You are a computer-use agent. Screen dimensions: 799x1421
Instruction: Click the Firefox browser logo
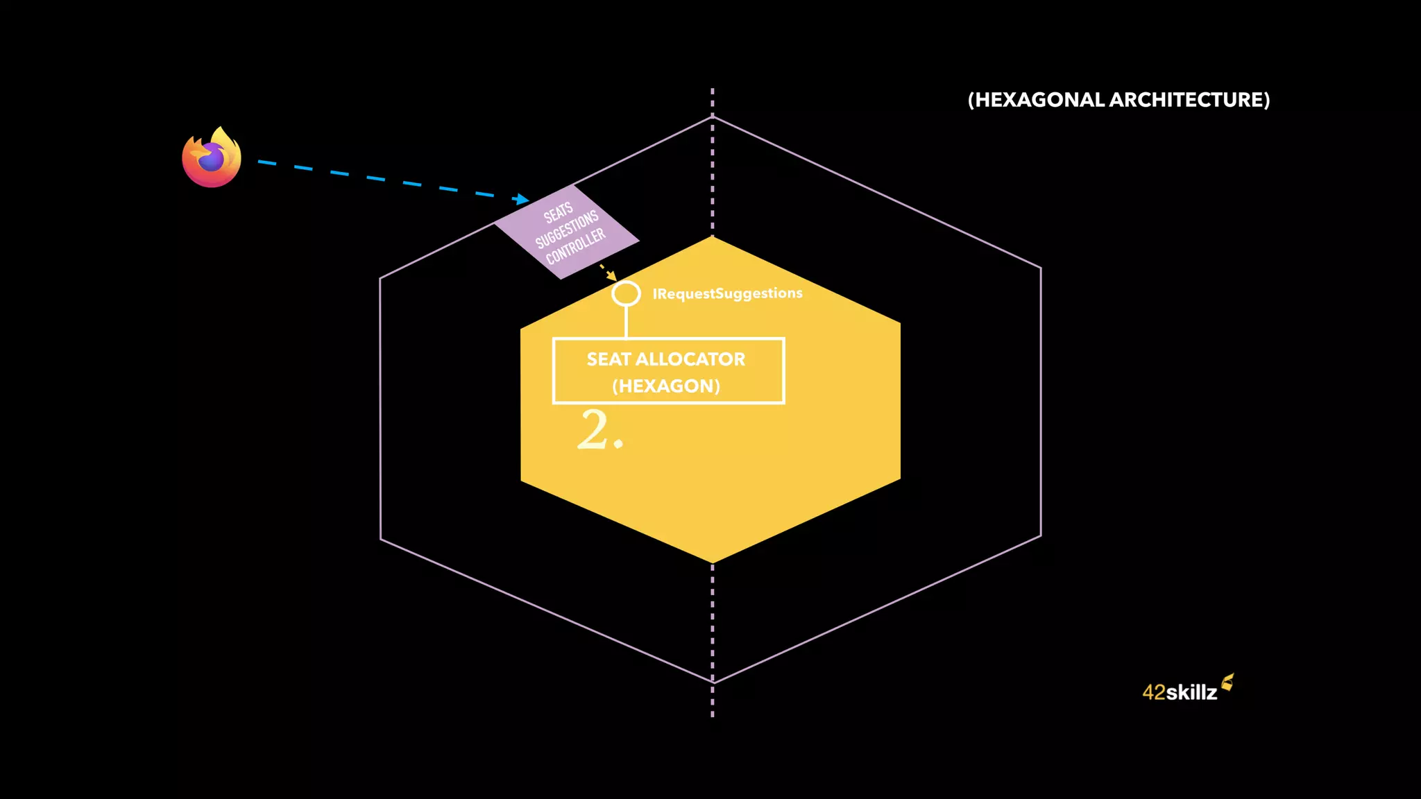click(212, 157)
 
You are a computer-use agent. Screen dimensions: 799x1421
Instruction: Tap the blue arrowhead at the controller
click(521, 200)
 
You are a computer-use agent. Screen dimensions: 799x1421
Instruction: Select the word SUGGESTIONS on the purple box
click(567, 230)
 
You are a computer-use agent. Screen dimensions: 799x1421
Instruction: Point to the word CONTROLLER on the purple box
click(576, 246)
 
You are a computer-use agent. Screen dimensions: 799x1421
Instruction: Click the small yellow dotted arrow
click(608, 272)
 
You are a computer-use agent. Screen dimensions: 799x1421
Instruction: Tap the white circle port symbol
click(626, 293)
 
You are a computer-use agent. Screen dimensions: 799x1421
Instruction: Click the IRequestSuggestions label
click(727, 293)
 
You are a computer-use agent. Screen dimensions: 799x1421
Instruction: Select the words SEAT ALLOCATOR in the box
click(666, 359)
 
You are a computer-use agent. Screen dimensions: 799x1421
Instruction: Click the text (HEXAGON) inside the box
click(666, 386)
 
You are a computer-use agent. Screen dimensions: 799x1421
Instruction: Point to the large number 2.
click(595, 430)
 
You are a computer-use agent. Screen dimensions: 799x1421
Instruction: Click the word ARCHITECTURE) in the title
click(1189, 100)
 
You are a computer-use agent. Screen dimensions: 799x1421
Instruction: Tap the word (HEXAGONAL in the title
click(1037, 100)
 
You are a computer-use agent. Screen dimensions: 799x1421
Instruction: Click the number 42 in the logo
click(1154, 692)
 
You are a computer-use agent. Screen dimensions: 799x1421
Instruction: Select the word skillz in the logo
click(1191, 692)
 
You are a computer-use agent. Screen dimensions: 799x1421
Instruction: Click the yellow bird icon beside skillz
click(1227, 682)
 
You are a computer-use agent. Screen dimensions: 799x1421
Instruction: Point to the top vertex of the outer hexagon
click(713, 117)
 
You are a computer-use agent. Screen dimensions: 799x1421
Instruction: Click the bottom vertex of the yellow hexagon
click(713, 562)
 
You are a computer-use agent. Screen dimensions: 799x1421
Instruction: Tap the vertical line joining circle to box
click(626, 322)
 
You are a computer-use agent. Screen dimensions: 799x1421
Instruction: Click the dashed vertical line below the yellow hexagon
click(713, 624)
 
